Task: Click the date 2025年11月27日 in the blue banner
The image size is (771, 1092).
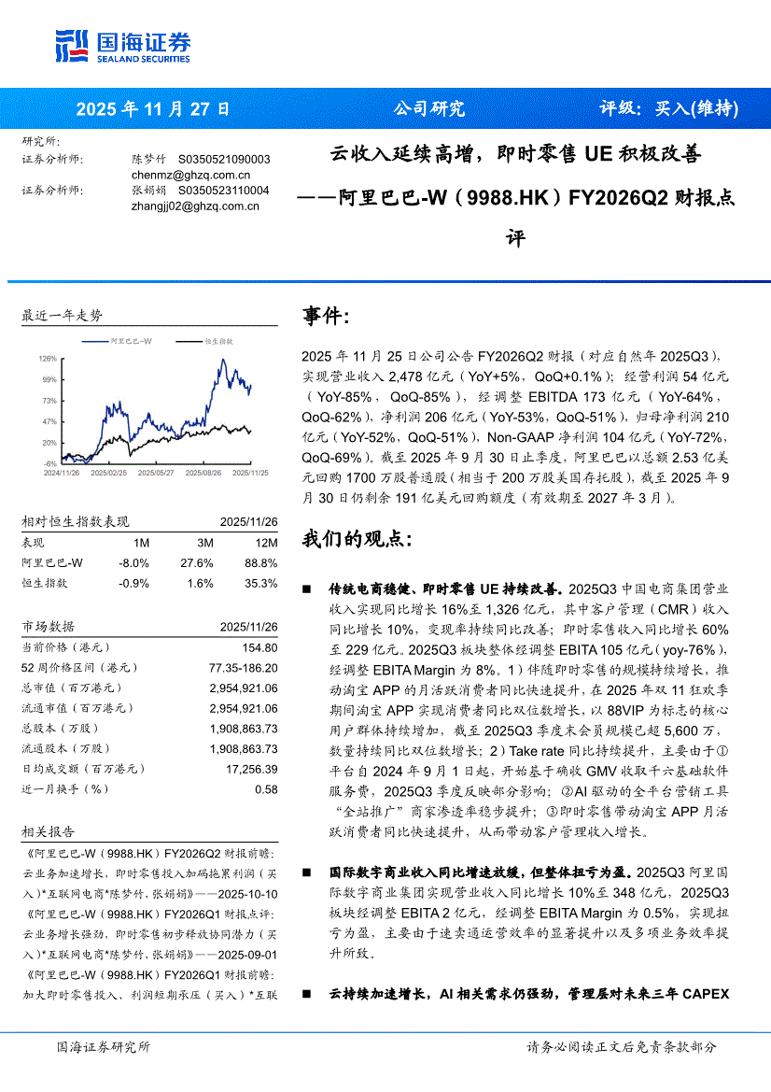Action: [152, 108]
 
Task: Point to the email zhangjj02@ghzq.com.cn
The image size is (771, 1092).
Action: [195, 206]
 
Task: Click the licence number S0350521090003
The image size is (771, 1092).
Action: [224, 160]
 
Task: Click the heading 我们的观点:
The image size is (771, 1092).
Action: [357, 539]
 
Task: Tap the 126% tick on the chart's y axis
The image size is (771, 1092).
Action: [49, 358]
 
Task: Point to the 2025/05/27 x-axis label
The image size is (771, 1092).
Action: [156, 474]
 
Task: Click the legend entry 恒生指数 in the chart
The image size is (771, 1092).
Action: [218, 343]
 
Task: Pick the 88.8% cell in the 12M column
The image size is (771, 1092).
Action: [260, 562]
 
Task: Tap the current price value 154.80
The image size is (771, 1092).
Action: [259, 647]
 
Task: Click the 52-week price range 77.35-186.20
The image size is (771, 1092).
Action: [238, 668]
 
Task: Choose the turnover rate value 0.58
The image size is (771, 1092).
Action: [266, 789]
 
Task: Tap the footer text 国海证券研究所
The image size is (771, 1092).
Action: [103, 1047]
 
